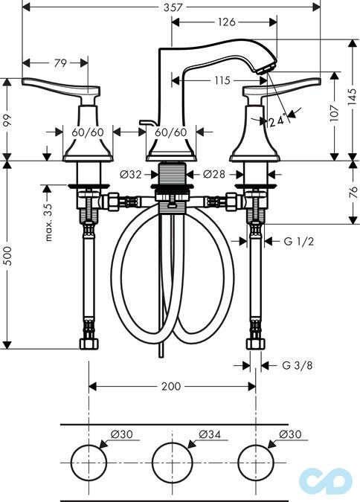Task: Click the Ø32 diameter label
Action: [x=130, y=175]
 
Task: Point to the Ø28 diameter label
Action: [x=213, y=175]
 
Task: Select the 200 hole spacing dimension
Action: [x=171, y=386]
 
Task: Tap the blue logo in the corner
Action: [x=326, y=480]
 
